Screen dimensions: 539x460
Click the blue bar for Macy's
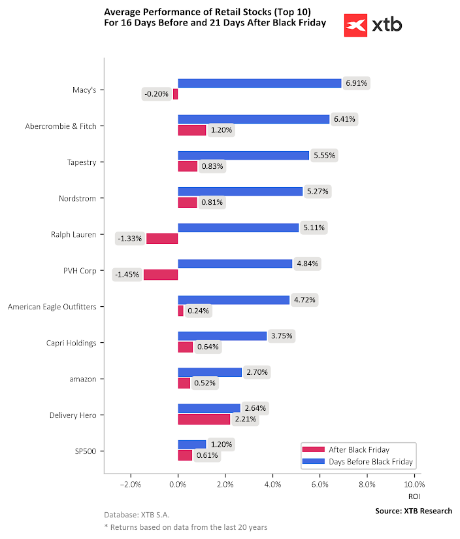click(x=259, y=83)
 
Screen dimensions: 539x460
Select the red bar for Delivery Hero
click(x=204, y=419)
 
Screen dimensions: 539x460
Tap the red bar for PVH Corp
click(x=161, y=275)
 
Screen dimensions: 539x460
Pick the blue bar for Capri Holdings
click(x=222, y=336)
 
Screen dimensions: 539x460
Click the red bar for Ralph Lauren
click(x=162, y=238)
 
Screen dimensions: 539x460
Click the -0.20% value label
click(x=157, y=94)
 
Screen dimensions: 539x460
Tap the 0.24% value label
click(x=198, y=311)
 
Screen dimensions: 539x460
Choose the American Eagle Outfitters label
click(x=52, y=306)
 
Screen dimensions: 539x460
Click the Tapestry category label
click(x=82, y=162)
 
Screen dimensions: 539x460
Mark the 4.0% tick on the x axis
click(x=272, y=485)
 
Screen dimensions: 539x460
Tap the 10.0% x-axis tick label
click(x=414, y=485)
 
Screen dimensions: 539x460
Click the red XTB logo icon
click(x=355, y=26)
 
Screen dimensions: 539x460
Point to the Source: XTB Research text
click(x=414, y=511)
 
